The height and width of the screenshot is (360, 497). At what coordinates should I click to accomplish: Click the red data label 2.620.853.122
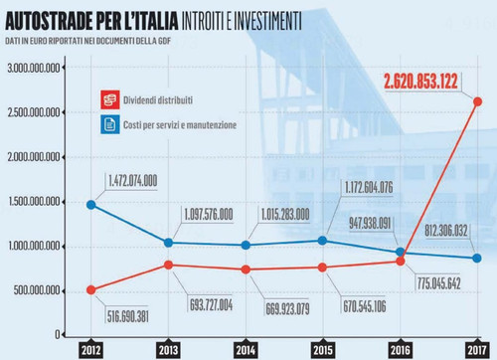coord(420,82)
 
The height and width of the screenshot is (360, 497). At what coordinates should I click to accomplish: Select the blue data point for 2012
coord(91,205)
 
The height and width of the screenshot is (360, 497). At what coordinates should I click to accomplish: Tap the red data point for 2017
coord(477,101)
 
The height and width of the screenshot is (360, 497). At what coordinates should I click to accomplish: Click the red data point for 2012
coord(91,290)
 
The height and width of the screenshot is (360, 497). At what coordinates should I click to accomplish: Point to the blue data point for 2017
coord(477,259)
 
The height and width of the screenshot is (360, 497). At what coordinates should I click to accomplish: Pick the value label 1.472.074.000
coord(133,181)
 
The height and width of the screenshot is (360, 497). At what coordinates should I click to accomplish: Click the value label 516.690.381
coord(127,316)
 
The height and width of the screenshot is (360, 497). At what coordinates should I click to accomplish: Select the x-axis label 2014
coord(246,350)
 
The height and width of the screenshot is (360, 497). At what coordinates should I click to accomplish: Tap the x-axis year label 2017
coord(477,350)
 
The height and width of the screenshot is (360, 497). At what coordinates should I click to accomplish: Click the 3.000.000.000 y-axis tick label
coord(34,69)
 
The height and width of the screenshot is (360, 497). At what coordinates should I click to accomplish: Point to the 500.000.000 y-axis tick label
coord(37,290)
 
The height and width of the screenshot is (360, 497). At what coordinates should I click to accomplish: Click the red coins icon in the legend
coord(110,99)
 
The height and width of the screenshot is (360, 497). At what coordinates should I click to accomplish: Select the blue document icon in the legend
coord(110,124)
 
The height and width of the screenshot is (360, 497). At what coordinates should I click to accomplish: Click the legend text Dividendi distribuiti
coord(158,100)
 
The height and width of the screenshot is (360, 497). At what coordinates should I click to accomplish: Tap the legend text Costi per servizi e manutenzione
coord(180,125)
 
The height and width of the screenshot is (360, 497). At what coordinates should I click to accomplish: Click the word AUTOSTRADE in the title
coord(49,21)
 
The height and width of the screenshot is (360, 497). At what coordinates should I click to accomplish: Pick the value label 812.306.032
coord(446,231)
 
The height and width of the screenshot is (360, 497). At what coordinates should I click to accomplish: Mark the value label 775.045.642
coord(439,283)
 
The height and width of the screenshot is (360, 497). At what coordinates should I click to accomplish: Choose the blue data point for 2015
coord(322,241)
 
